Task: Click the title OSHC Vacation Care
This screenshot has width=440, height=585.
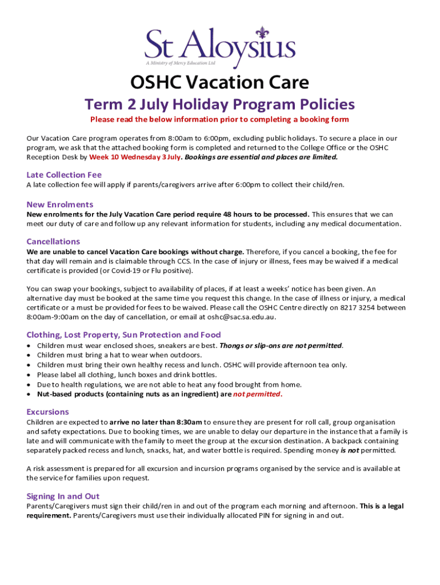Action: tap(220, 82)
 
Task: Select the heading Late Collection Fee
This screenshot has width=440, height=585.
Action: tap(64, 175)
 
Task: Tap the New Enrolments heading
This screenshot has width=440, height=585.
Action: tap(60, 205)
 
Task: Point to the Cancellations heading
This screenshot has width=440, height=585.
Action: tap(53, 242)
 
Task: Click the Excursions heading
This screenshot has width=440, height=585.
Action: tap(48, 412)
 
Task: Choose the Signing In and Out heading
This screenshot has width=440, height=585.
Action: tap(63, 496)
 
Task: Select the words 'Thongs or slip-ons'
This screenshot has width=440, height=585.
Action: tap(253, 346)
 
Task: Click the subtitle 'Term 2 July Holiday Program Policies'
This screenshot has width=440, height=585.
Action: tap(220, 105)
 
